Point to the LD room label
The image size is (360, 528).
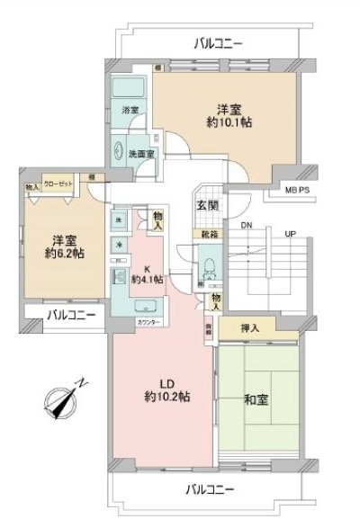pos(166,384)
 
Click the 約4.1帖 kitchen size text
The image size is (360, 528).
pos(146,280)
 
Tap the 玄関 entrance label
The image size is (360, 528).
pos(207,205)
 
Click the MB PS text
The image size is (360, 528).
pos(297,191)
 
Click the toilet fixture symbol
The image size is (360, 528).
pos(207,267)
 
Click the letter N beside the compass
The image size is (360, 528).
pos(83,383)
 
